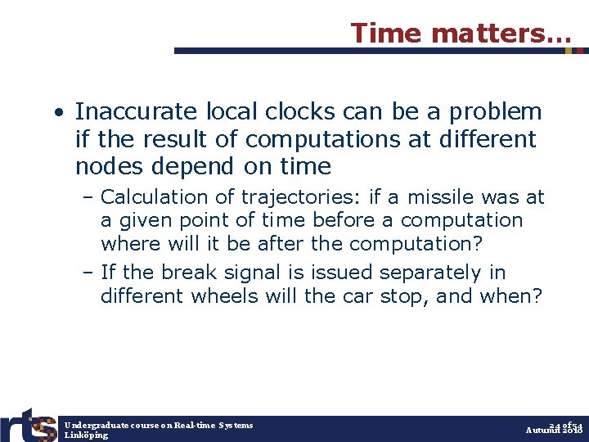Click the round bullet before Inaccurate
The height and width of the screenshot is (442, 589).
pyautogui.click(x=61, y=112)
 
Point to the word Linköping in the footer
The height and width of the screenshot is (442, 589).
pyautogui.click(x=86, y=435)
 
